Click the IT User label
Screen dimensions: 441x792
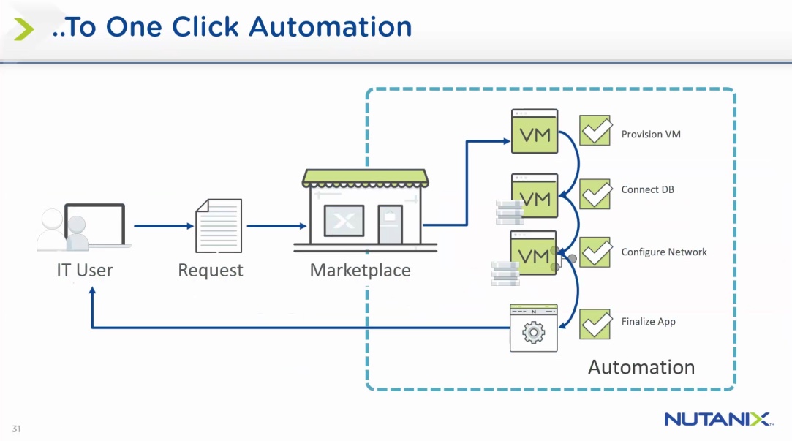tap(85, 270)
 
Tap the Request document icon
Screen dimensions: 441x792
tap(218, 225)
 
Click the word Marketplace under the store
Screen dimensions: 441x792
tap(360, 270)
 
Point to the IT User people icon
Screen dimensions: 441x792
tap(80, 227)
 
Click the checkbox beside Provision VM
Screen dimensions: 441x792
tap(595, 130)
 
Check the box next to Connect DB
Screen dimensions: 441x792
tap(595, 194)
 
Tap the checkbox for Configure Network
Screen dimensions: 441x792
tap(595, 252)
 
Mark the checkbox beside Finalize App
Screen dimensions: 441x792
tap(595, 323)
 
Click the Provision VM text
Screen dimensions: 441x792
tap(651, 135)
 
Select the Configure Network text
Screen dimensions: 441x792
tap(664, 252)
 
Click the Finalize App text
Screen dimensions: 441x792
tap(648, 322)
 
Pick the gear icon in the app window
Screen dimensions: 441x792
tap(533, 333)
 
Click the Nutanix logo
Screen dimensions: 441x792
tap(717, 419)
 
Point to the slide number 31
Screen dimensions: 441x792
tap(16, 429)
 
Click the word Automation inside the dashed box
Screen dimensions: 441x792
tap(641, 367)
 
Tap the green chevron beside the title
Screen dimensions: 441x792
tap(24, 29)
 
